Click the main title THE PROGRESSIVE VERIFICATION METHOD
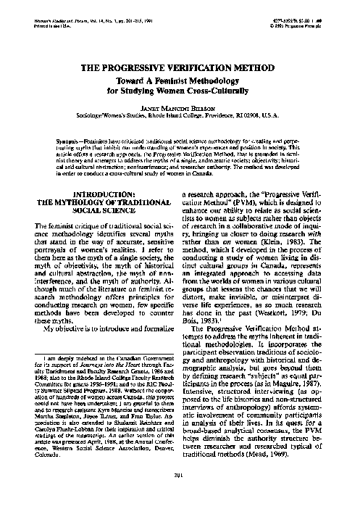(x=180, y=67)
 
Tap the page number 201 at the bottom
(x=180, y=495)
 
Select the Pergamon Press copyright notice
(x=299, y=36)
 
